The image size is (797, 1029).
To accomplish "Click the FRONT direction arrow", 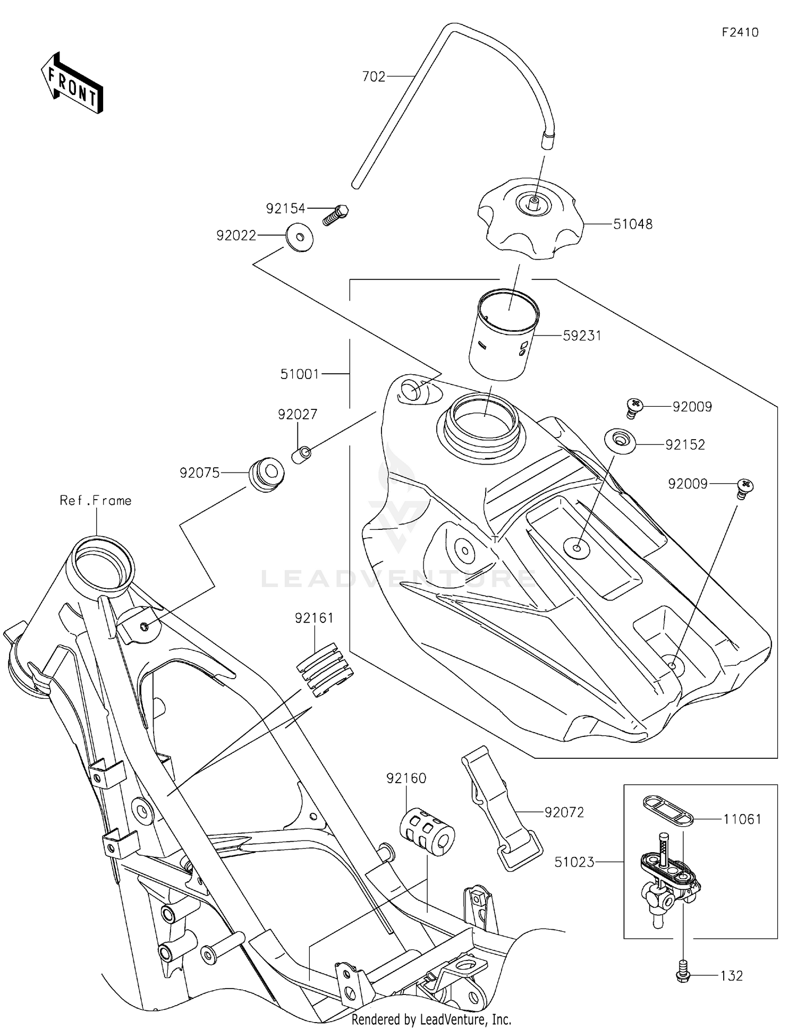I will coord(72,83).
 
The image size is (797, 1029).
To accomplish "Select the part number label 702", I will coord(374,76).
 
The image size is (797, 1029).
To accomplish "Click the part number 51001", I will coord(300,374).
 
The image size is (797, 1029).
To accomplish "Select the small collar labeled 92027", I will coord(302,455).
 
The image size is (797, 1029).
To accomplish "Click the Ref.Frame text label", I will coord(96,501).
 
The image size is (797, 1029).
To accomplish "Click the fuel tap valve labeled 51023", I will coord(667,881).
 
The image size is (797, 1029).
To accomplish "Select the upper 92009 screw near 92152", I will coord(634,407).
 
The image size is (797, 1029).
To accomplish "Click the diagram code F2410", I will coord(740,32).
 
